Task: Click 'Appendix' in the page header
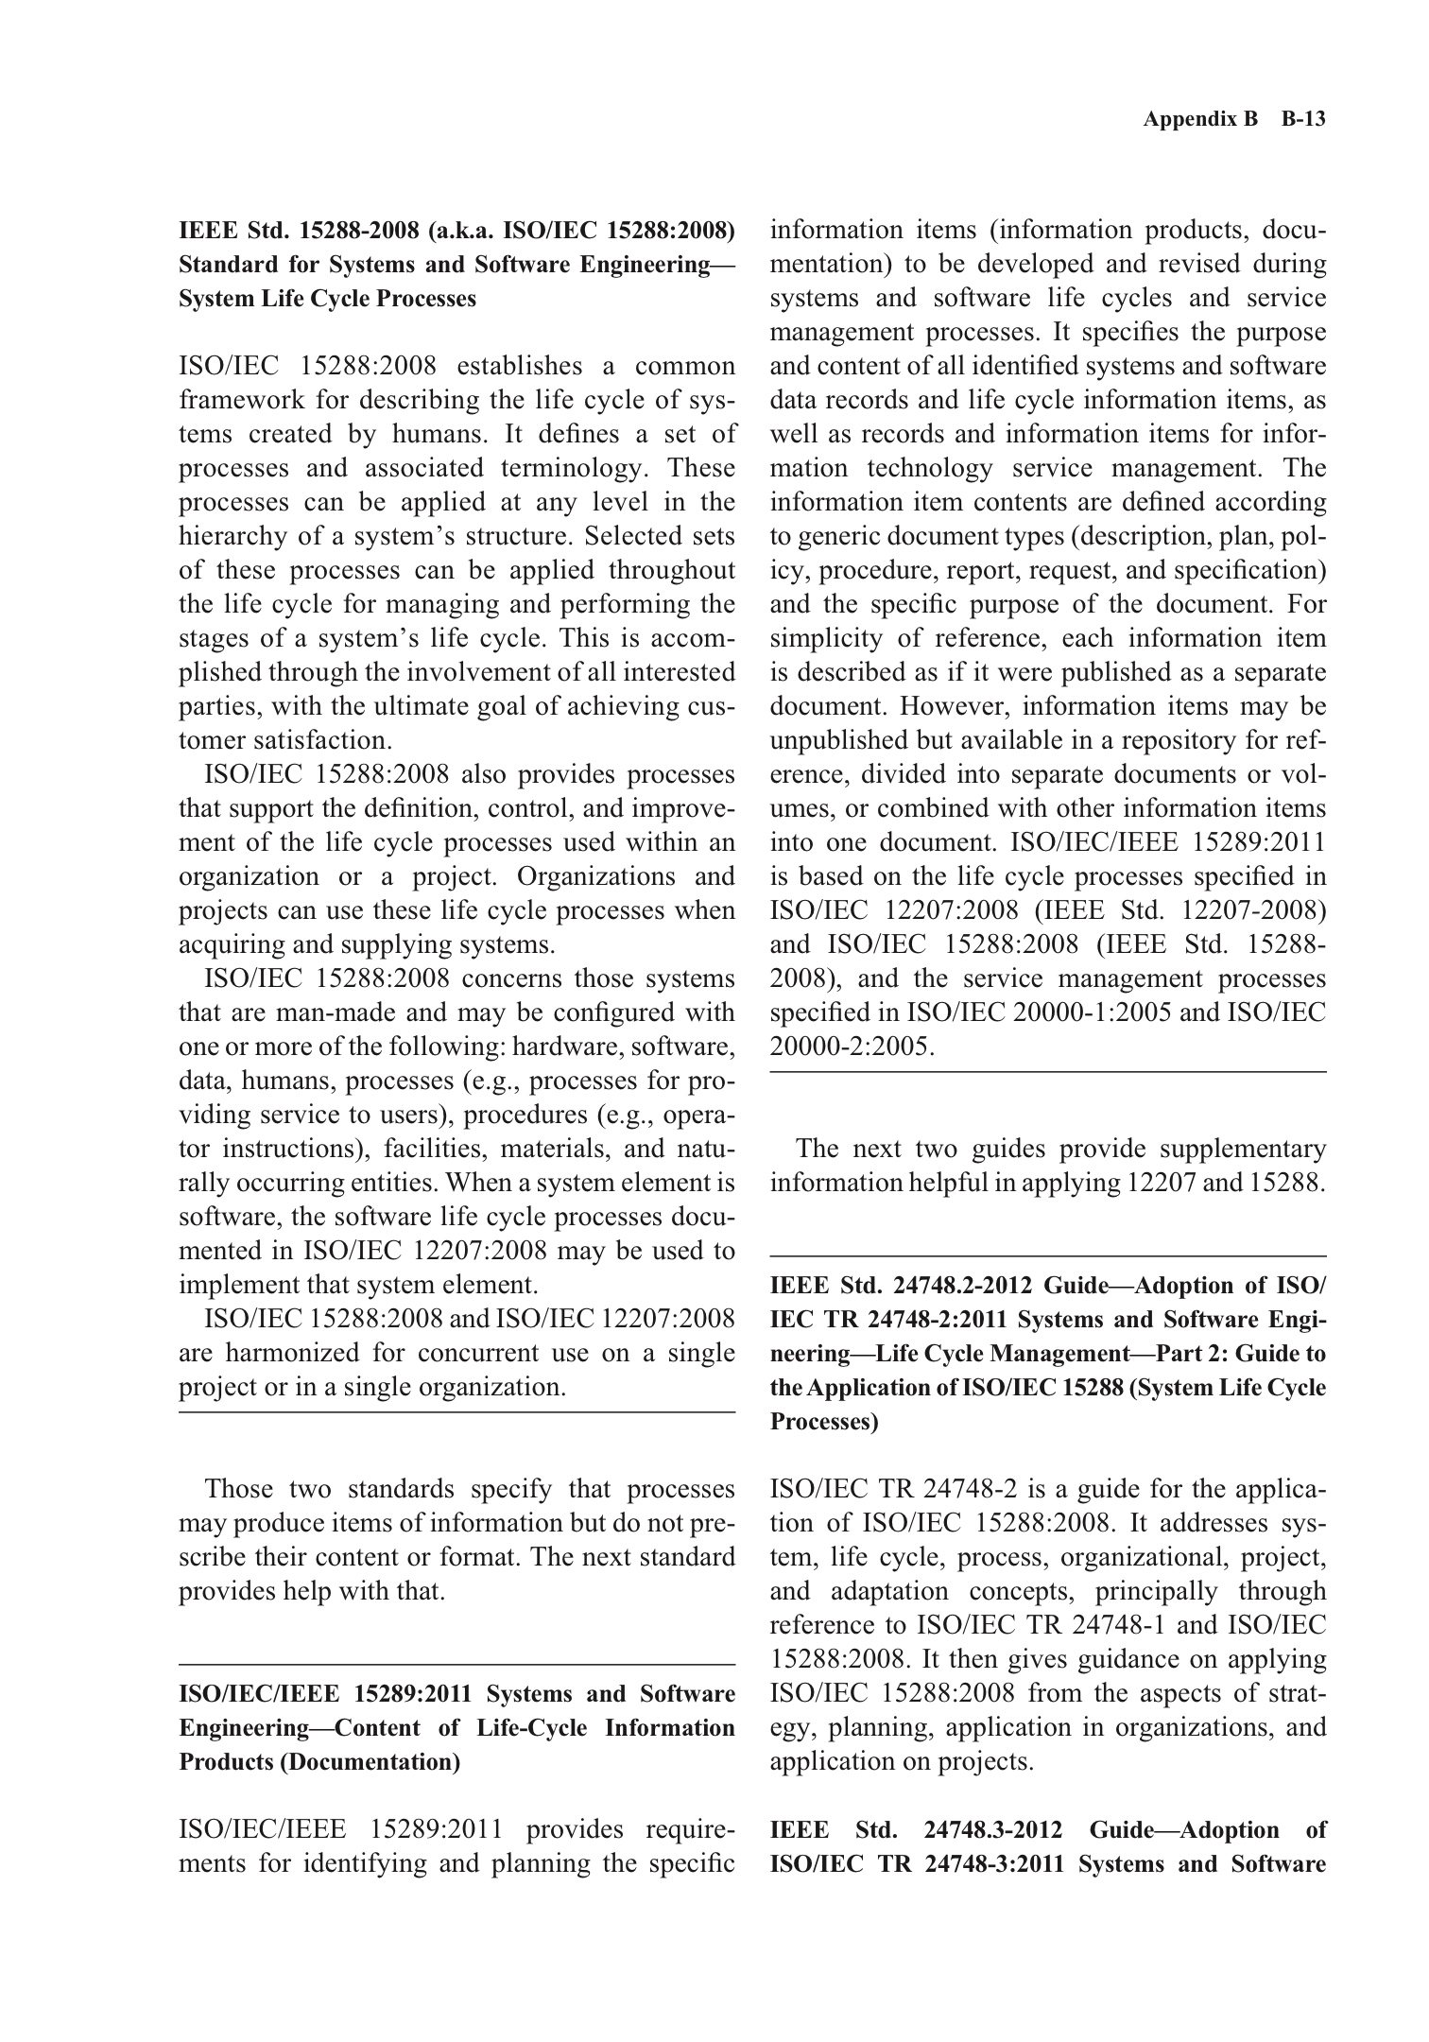tap(1187, 119)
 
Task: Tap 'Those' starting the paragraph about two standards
tap(239, 1489)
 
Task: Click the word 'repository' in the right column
tap(1193, 740)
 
